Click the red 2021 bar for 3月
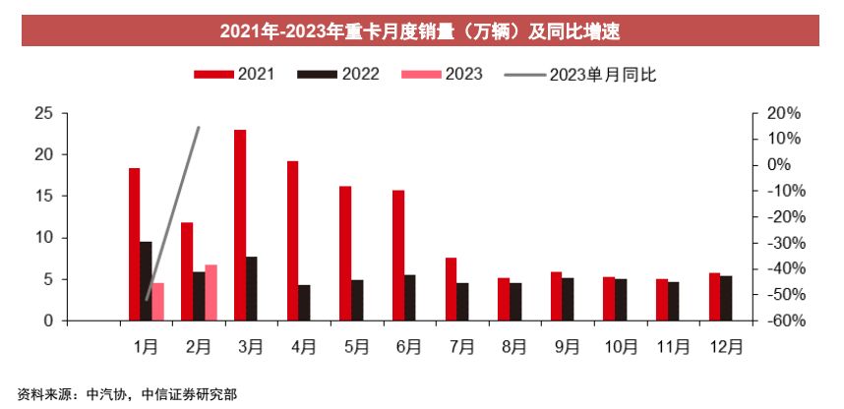click(x=240, y=225)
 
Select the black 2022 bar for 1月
click(x=146, y=281)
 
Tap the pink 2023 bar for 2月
click(x=211, y=292)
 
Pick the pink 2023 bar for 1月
click(x=158, y=301)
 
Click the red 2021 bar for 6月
click(x=398, y=256)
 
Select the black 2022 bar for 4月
click(x=305, y=303)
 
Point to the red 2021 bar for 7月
click(x=451, y=289)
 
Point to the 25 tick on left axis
click(x=43, y=113)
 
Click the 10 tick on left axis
click(x=43, y=238)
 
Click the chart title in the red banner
click(x=420, y=30)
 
